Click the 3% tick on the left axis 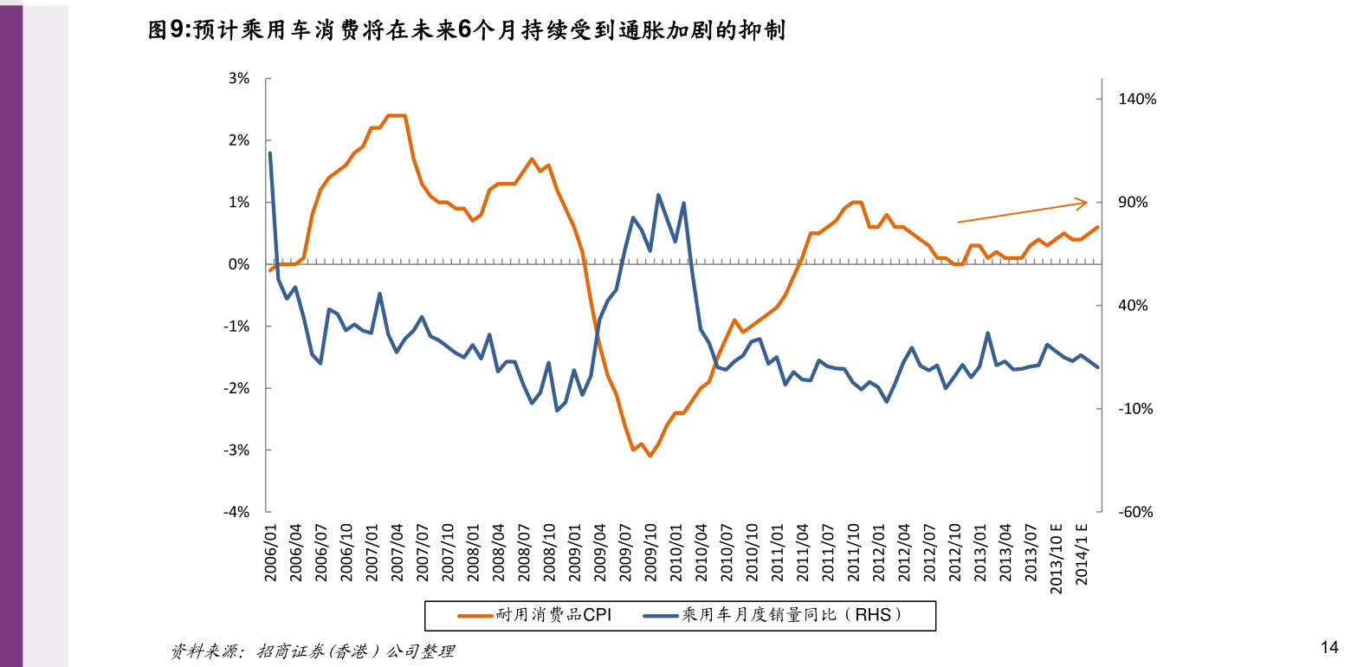(239, 79)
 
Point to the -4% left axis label (237, 512)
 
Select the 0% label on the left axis (239, 264)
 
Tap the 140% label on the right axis (1137, 100)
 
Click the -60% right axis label (1136, 512)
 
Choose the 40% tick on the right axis (1136, 306)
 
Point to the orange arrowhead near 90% (1083, 203)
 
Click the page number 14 (1329, 646)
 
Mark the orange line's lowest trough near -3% (650, 456)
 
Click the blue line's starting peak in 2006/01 (270, 153)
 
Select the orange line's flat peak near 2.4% (396, 115)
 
